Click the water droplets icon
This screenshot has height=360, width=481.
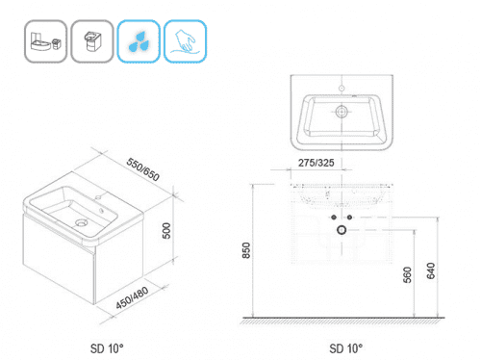(x=139, y=41)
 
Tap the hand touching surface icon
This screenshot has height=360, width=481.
(x=185, y=41)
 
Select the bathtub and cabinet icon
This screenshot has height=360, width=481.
(x=45, y=41)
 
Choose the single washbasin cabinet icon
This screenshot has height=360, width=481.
(x=92, y=41)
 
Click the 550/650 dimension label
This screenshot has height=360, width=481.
(x=142, y=169)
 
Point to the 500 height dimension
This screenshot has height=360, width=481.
(x=166, y=231)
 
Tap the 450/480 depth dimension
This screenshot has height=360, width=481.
(x=132, y=297)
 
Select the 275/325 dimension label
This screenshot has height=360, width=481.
(x=316, y=163)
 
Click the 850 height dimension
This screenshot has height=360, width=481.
(x=246, y=250)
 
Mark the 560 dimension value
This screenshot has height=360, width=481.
(x=407, y=274)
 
